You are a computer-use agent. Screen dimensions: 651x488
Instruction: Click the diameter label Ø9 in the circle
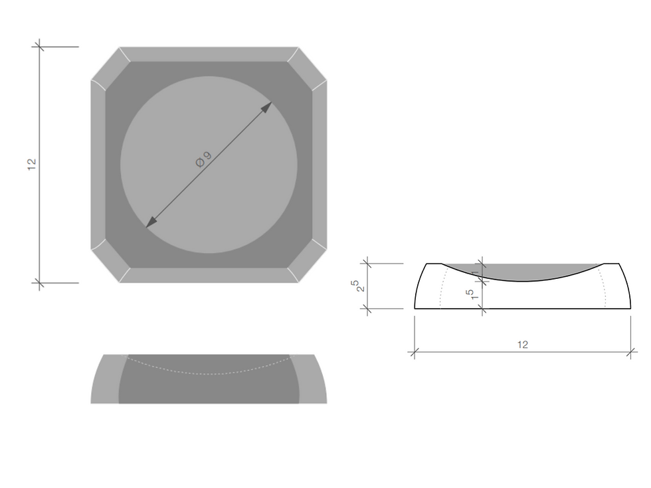[x=203, y=159]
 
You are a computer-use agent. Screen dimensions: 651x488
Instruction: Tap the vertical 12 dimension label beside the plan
[x=32, y=165]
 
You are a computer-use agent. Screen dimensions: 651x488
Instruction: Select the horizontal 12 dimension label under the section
[x=522, y=345]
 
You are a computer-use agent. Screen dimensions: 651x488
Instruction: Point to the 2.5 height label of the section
[x=359, y=285]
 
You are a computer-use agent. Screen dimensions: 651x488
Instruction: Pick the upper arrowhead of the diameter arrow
[x=266, y=108]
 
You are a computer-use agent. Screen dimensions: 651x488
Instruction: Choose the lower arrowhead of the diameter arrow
[x=151, y=222]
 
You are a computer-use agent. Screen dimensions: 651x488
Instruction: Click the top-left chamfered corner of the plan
[x=105, y=62]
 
